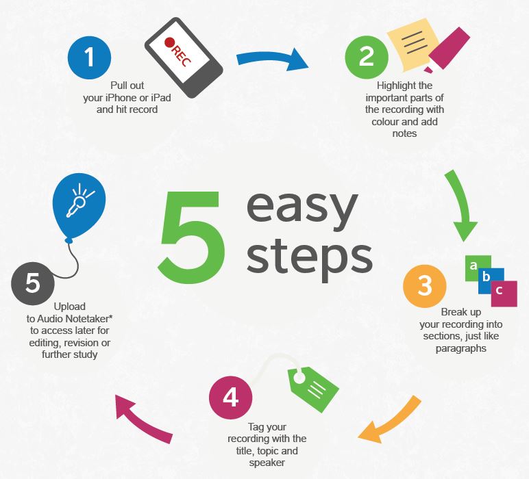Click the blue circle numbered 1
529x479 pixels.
coord(89,57)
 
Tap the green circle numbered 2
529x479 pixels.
coord(367,57)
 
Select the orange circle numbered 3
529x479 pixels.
coord(425,286)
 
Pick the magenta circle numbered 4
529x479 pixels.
coord(231,398)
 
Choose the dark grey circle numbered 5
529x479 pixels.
coord(33,283)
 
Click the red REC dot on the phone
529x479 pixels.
coord(169,42)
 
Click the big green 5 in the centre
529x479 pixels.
coord(191,237)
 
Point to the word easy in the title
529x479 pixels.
coord(302,208)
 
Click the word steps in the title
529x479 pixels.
coord(310,257)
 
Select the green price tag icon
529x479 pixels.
coord(313,389)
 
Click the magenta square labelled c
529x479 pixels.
coord(504,294)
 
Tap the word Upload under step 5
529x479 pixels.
coord(69,307)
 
